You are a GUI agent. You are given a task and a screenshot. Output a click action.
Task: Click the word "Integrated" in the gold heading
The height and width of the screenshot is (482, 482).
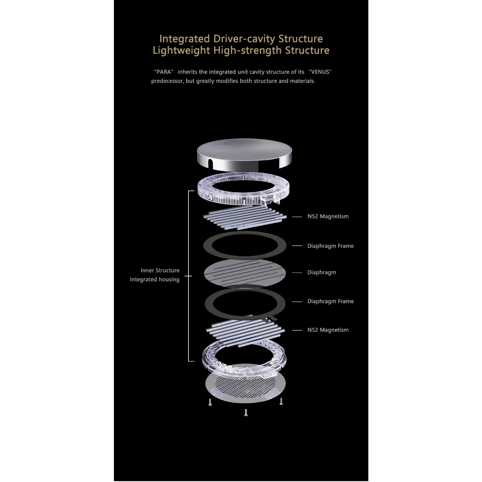tap(185, 39)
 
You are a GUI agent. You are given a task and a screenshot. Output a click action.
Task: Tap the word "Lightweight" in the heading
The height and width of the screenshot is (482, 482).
tap(181, 50)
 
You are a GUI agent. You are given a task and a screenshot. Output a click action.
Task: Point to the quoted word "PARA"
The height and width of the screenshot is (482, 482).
tap(163, 72)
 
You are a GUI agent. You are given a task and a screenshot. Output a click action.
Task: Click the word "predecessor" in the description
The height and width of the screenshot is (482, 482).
tap(167, 81)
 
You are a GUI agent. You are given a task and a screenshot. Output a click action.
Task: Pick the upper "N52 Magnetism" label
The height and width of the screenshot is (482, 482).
tap(328, 217)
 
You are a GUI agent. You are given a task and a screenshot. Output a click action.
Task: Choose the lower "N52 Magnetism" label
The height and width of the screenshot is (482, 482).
tap(328, 330)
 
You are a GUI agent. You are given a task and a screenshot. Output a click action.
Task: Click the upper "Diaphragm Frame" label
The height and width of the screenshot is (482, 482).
tap(330, 246)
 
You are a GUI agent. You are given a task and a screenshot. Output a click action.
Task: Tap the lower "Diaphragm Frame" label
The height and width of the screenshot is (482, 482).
tap(330, 301)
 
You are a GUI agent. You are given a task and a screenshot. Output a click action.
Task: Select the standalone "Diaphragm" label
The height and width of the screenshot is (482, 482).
tap(321, 273)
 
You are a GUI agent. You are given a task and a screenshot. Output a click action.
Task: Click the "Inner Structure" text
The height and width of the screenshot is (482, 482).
tap(160, 271)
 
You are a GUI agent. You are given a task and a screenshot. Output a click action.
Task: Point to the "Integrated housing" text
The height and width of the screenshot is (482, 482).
tap(154, 280)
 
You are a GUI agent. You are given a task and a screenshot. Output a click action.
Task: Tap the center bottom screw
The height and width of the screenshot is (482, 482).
tap(246, 412)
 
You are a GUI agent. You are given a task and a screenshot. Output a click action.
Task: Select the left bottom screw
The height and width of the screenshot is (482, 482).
tap(210, 402)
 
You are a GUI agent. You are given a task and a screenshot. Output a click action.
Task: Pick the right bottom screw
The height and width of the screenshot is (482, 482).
tap(281, 401)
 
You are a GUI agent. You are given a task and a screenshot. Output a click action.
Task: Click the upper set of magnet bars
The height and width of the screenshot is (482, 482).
tap(245, 217)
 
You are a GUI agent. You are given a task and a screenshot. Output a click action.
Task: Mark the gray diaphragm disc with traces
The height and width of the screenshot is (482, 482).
tap(245, 273)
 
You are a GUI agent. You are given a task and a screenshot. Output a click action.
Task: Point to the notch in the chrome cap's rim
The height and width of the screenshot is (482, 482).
tap(210, 163)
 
